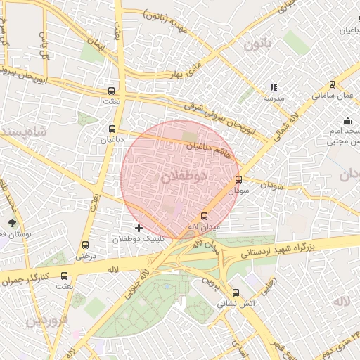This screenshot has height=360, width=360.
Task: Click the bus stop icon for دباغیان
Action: tap(112, 129)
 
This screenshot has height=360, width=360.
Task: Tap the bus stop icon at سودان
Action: tap(238, 179)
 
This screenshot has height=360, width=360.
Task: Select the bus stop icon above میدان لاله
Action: tap(205, 216)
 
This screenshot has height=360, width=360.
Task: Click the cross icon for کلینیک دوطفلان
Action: tap(139, 228)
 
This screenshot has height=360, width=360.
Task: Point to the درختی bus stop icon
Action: tap(86, 245)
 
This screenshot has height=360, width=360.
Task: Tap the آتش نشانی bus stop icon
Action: tap(236, 293)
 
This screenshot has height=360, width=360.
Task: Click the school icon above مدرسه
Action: tap(273, 88)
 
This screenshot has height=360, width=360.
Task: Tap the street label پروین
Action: tap(209, 285)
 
